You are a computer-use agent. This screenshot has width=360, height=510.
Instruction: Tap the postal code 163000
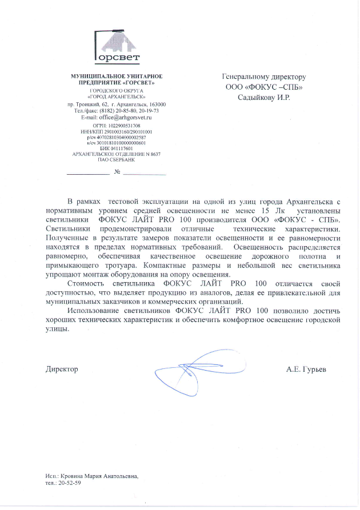156,105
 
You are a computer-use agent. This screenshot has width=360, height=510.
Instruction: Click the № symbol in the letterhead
117,172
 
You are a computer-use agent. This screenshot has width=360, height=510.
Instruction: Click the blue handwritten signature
194,371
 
